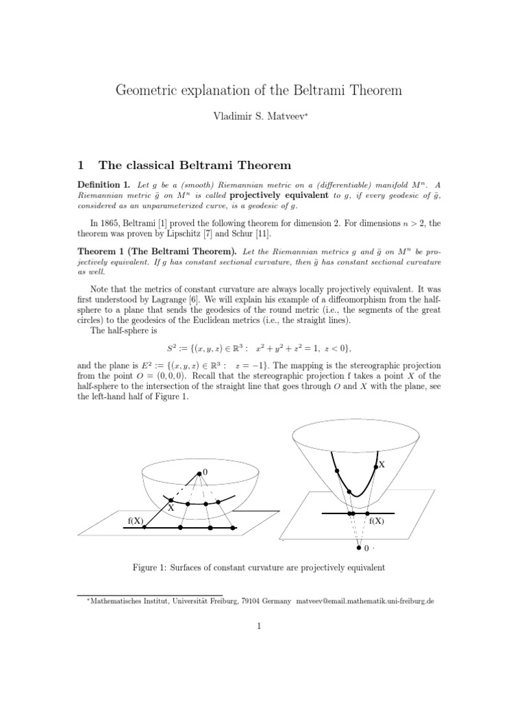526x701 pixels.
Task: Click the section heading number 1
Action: pyautogui.click(x=80, y=165)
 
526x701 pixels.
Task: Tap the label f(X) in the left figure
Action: pyautogui.click(x=136, y=521)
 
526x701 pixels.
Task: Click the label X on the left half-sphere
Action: pyautogui.click(x=171, y=509)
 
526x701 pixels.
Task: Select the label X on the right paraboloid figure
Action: pyautogui.click(x=381, y=464)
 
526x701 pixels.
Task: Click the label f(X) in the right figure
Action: pyautogui.click(x=377, y=521)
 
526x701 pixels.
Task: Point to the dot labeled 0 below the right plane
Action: pyautogui.click(x=358, y=548)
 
